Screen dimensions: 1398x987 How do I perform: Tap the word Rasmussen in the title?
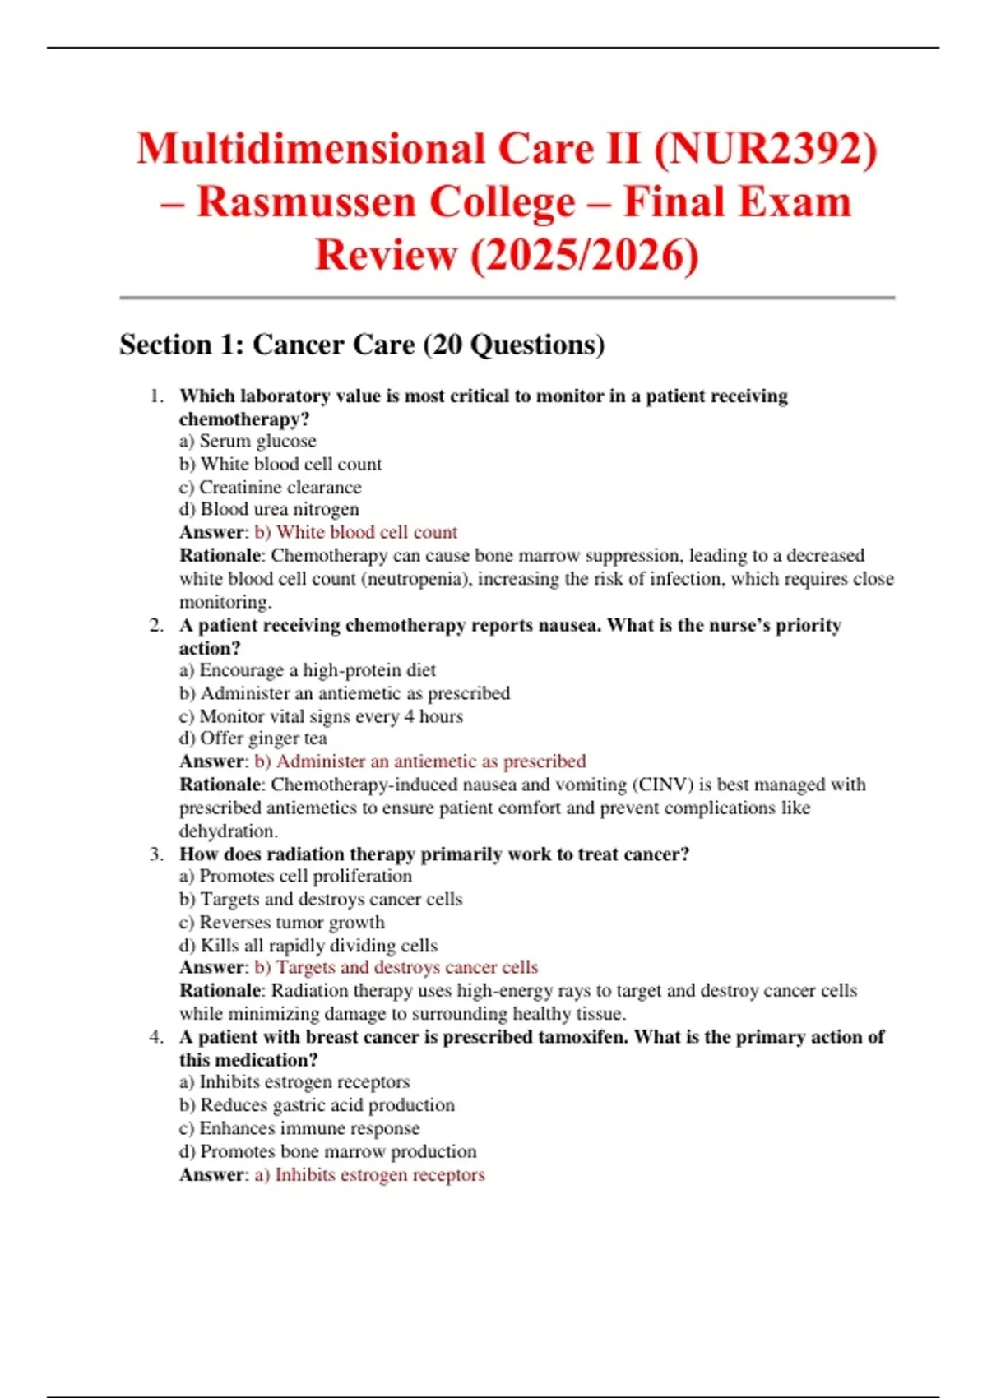click(x=305, y=202)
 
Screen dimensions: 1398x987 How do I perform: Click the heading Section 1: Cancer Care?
click(x=362, y=345)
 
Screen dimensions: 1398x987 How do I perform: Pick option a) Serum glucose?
click(x=248, y=442)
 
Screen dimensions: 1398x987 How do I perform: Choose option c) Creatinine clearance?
click(x=271, y=488)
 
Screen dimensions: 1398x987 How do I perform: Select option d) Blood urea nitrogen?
click(x=269, y=510)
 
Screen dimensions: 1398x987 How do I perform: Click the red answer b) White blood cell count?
click(x=355, y=533)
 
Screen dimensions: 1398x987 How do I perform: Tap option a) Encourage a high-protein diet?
click(x=308, y=671)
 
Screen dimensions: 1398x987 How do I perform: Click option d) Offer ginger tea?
click(x=253, y=739)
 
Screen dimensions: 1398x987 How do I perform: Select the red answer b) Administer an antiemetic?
click(x=419, y=761)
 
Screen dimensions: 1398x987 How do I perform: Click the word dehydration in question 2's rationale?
click(x=228, y=831)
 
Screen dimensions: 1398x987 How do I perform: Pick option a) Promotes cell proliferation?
click(x=295, y=877)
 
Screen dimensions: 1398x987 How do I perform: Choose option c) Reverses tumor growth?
click(x=281, y=923)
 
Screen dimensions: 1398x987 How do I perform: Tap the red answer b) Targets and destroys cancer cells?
click(x=396, y=968)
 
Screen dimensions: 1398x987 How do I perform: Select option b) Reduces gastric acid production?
click(x=317, y=1106)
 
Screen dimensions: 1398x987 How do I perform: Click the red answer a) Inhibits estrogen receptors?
click(x=369, y=1175)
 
